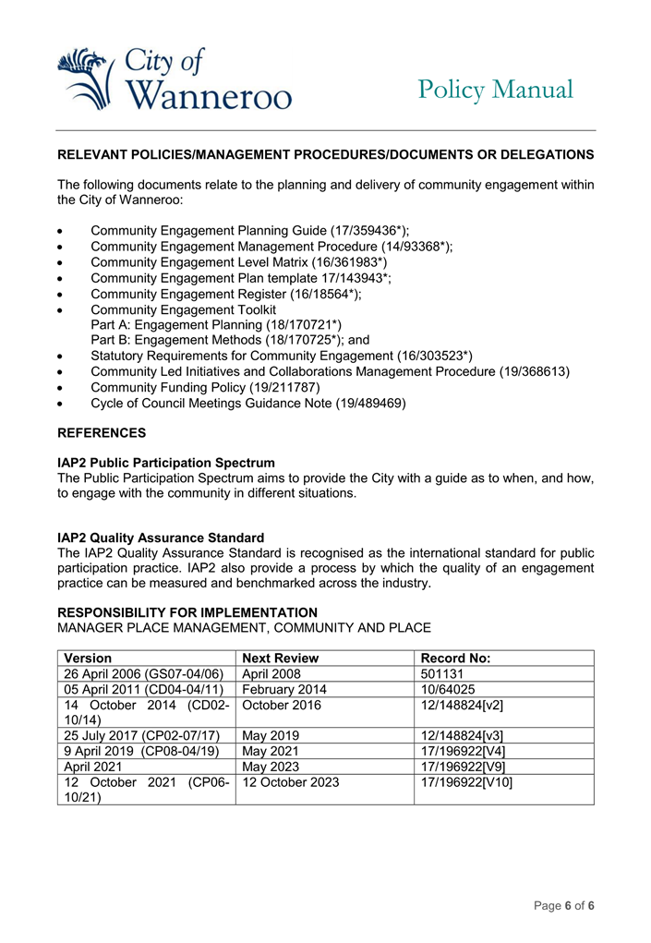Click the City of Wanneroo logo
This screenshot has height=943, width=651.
point(174,79)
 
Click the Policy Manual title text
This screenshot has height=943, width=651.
point(495,90)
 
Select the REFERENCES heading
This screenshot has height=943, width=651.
point(102,432)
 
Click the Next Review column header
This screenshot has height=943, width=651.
point(280,659)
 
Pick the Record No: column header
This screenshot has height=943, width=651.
point(455,659)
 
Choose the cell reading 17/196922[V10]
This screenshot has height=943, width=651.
point(466,782)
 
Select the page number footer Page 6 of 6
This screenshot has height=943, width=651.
point(563,905)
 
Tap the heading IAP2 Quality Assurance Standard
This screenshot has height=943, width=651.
point(161,538)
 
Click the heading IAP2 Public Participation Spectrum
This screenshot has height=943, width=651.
point(166,462)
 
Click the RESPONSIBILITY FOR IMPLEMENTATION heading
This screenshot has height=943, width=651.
point(187,612)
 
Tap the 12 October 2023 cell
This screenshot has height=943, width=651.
point(291,782)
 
